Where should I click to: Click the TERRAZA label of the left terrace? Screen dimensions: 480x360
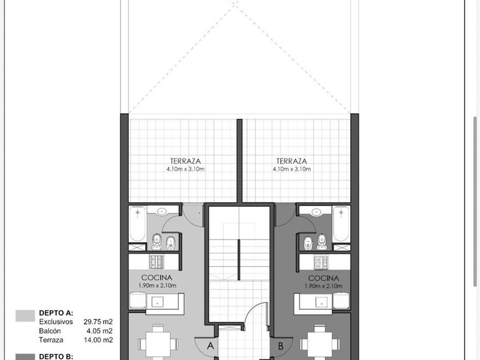point(186,161)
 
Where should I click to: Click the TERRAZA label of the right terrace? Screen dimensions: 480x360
point(292,161)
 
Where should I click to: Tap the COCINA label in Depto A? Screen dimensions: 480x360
point(157,278)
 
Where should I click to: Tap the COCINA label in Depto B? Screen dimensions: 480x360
point(323,278)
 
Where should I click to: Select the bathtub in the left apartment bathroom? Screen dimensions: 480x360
point(138,224)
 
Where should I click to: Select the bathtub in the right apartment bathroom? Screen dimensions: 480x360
point(341,224)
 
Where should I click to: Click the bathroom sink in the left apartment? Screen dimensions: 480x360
point(161,211)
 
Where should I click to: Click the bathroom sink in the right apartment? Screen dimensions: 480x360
point(317,211)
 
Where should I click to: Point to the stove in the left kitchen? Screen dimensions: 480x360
point(157,262)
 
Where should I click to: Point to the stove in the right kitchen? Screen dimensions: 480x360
point(321,262)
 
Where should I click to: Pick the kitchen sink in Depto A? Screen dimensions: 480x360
point(157,302)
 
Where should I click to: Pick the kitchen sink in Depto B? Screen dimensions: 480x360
point(322,302)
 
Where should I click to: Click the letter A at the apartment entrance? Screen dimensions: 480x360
point(210,346)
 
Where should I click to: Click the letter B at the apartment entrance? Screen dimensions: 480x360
point(281,346)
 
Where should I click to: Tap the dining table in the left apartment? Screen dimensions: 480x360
point(158,344)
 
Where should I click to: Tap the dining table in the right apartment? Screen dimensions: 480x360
point(320,344)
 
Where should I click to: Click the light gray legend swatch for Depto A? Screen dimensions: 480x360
point(25,316)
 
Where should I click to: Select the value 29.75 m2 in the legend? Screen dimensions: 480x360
point(98,322)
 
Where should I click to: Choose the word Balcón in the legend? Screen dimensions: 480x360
point(50,331)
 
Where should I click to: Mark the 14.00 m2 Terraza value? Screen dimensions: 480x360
point(98,340)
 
